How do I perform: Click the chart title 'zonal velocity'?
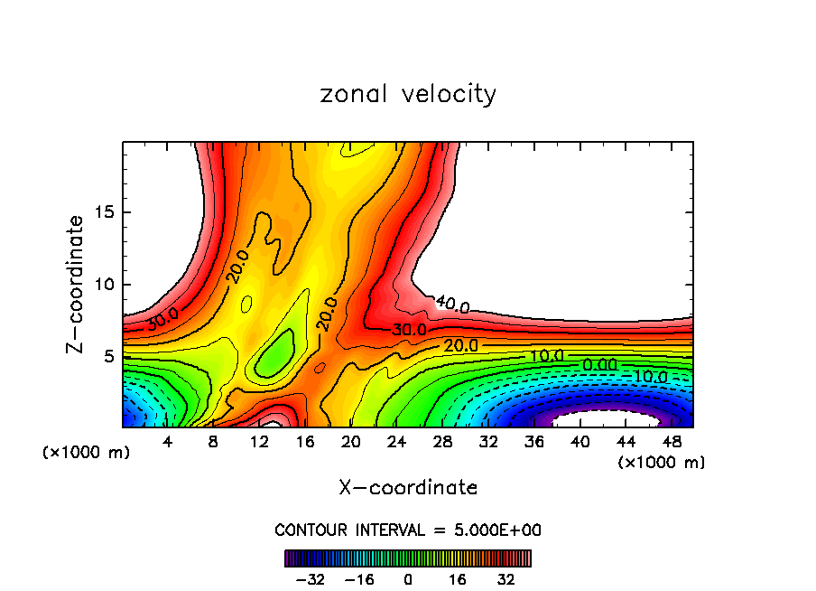408,94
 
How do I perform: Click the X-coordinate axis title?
408,488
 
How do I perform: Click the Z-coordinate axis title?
76,284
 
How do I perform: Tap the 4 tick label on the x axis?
167,442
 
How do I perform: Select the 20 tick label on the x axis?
351,442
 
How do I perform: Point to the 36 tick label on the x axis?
535,442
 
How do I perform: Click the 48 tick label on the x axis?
672,442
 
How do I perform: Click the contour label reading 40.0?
451,305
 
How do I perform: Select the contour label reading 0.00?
600,364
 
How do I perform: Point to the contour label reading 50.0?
163,319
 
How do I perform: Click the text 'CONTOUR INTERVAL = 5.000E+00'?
408,530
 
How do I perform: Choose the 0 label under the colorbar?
408,579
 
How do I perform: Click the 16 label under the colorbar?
458,579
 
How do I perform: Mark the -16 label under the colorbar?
359,579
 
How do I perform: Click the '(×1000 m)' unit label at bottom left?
87,453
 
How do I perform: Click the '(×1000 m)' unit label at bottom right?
662,463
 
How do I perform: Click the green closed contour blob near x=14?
275,353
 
